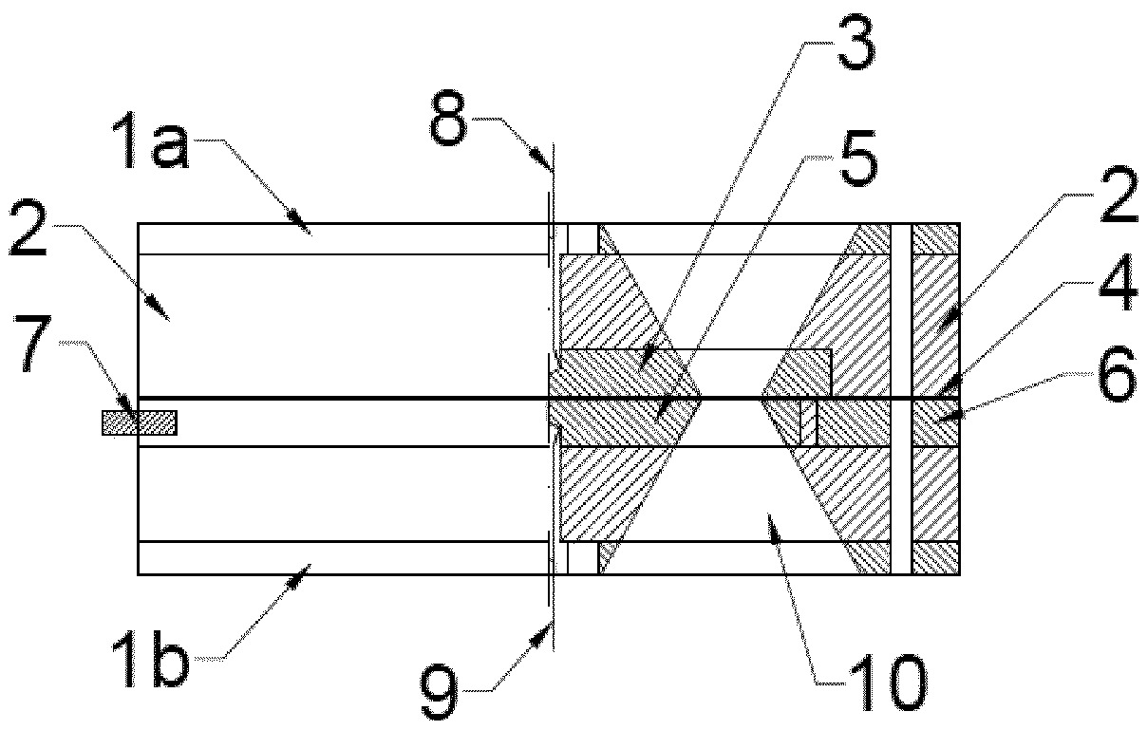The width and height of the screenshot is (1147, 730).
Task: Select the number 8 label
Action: pos(448,119)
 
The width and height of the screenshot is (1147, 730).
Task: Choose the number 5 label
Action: pos(858,159)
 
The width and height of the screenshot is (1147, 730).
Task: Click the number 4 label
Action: pos(1119,283)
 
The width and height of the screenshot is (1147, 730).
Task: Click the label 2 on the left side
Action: pos(28,229)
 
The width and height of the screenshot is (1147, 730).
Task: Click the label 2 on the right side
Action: pos(1119,194)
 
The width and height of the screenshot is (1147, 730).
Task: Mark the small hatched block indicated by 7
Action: pos(140,422)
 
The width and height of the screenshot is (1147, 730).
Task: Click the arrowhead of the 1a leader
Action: pos(303,225)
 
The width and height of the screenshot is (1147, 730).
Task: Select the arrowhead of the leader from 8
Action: pos(543,159)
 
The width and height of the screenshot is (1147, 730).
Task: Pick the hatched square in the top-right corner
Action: pos(935,239)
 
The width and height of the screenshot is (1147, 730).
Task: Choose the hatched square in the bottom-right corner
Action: pos(935,557)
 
